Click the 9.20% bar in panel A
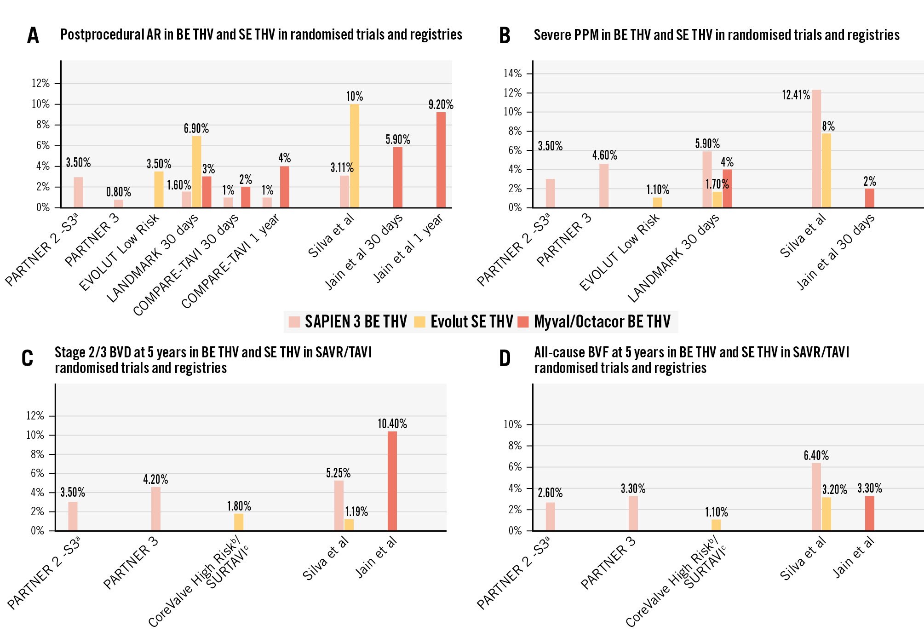(x=441, y=160)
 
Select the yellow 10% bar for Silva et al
(x=354, y=155)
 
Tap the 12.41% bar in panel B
(x=816, y=148)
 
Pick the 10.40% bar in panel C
(x=392, y=481)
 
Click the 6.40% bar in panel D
(x=816, y=497)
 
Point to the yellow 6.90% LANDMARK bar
(x=196, y=172)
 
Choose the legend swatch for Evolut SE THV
(x=419, y=321)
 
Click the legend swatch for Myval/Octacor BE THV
(x=523, y=321)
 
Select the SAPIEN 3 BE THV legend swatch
(x=294, y=321)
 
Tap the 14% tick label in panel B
(x=512, y=74)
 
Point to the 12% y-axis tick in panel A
(x=40, y=83)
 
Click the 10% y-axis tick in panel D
(x=512, y=425)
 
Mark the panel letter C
(x=27, y=358)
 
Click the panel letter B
(x=505, y=35)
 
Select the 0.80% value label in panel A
(x=118, y=192)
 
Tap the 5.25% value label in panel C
(x=338, y=473)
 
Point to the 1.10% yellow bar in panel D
(x=716, y=525)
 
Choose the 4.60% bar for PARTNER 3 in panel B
(x=603, y=185)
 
